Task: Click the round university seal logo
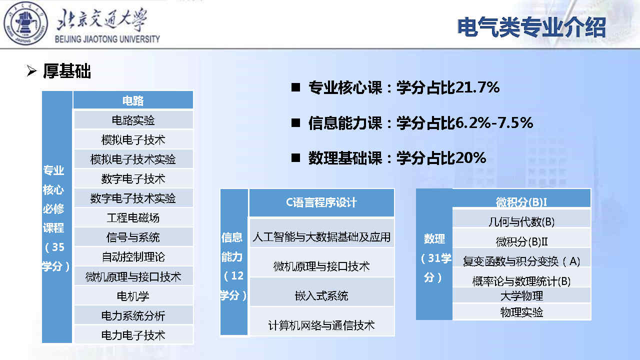(25, 23)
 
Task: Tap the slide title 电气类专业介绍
(531, 27)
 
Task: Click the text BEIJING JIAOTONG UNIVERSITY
(107, 39)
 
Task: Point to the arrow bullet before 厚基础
(31, 71)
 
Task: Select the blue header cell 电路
(133, 100)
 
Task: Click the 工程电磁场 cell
(133, 217)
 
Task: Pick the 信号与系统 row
(133, 237)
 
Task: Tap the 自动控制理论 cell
(133, 256)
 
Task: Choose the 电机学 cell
(133, 295)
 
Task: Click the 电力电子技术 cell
(133, 335)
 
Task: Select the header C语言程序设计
(321, 202)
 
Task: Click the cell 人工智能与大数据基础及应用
(321, 236)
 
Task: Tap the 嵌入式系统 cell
(321, 295)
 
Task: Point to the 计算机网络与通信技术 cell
(321, 325)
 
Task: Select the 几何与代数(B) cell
(521, 221)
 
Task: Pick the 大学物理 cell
(521, 295)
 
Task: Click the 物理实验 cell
(521, 312)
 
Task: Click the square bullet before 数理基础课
(295, 157)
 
